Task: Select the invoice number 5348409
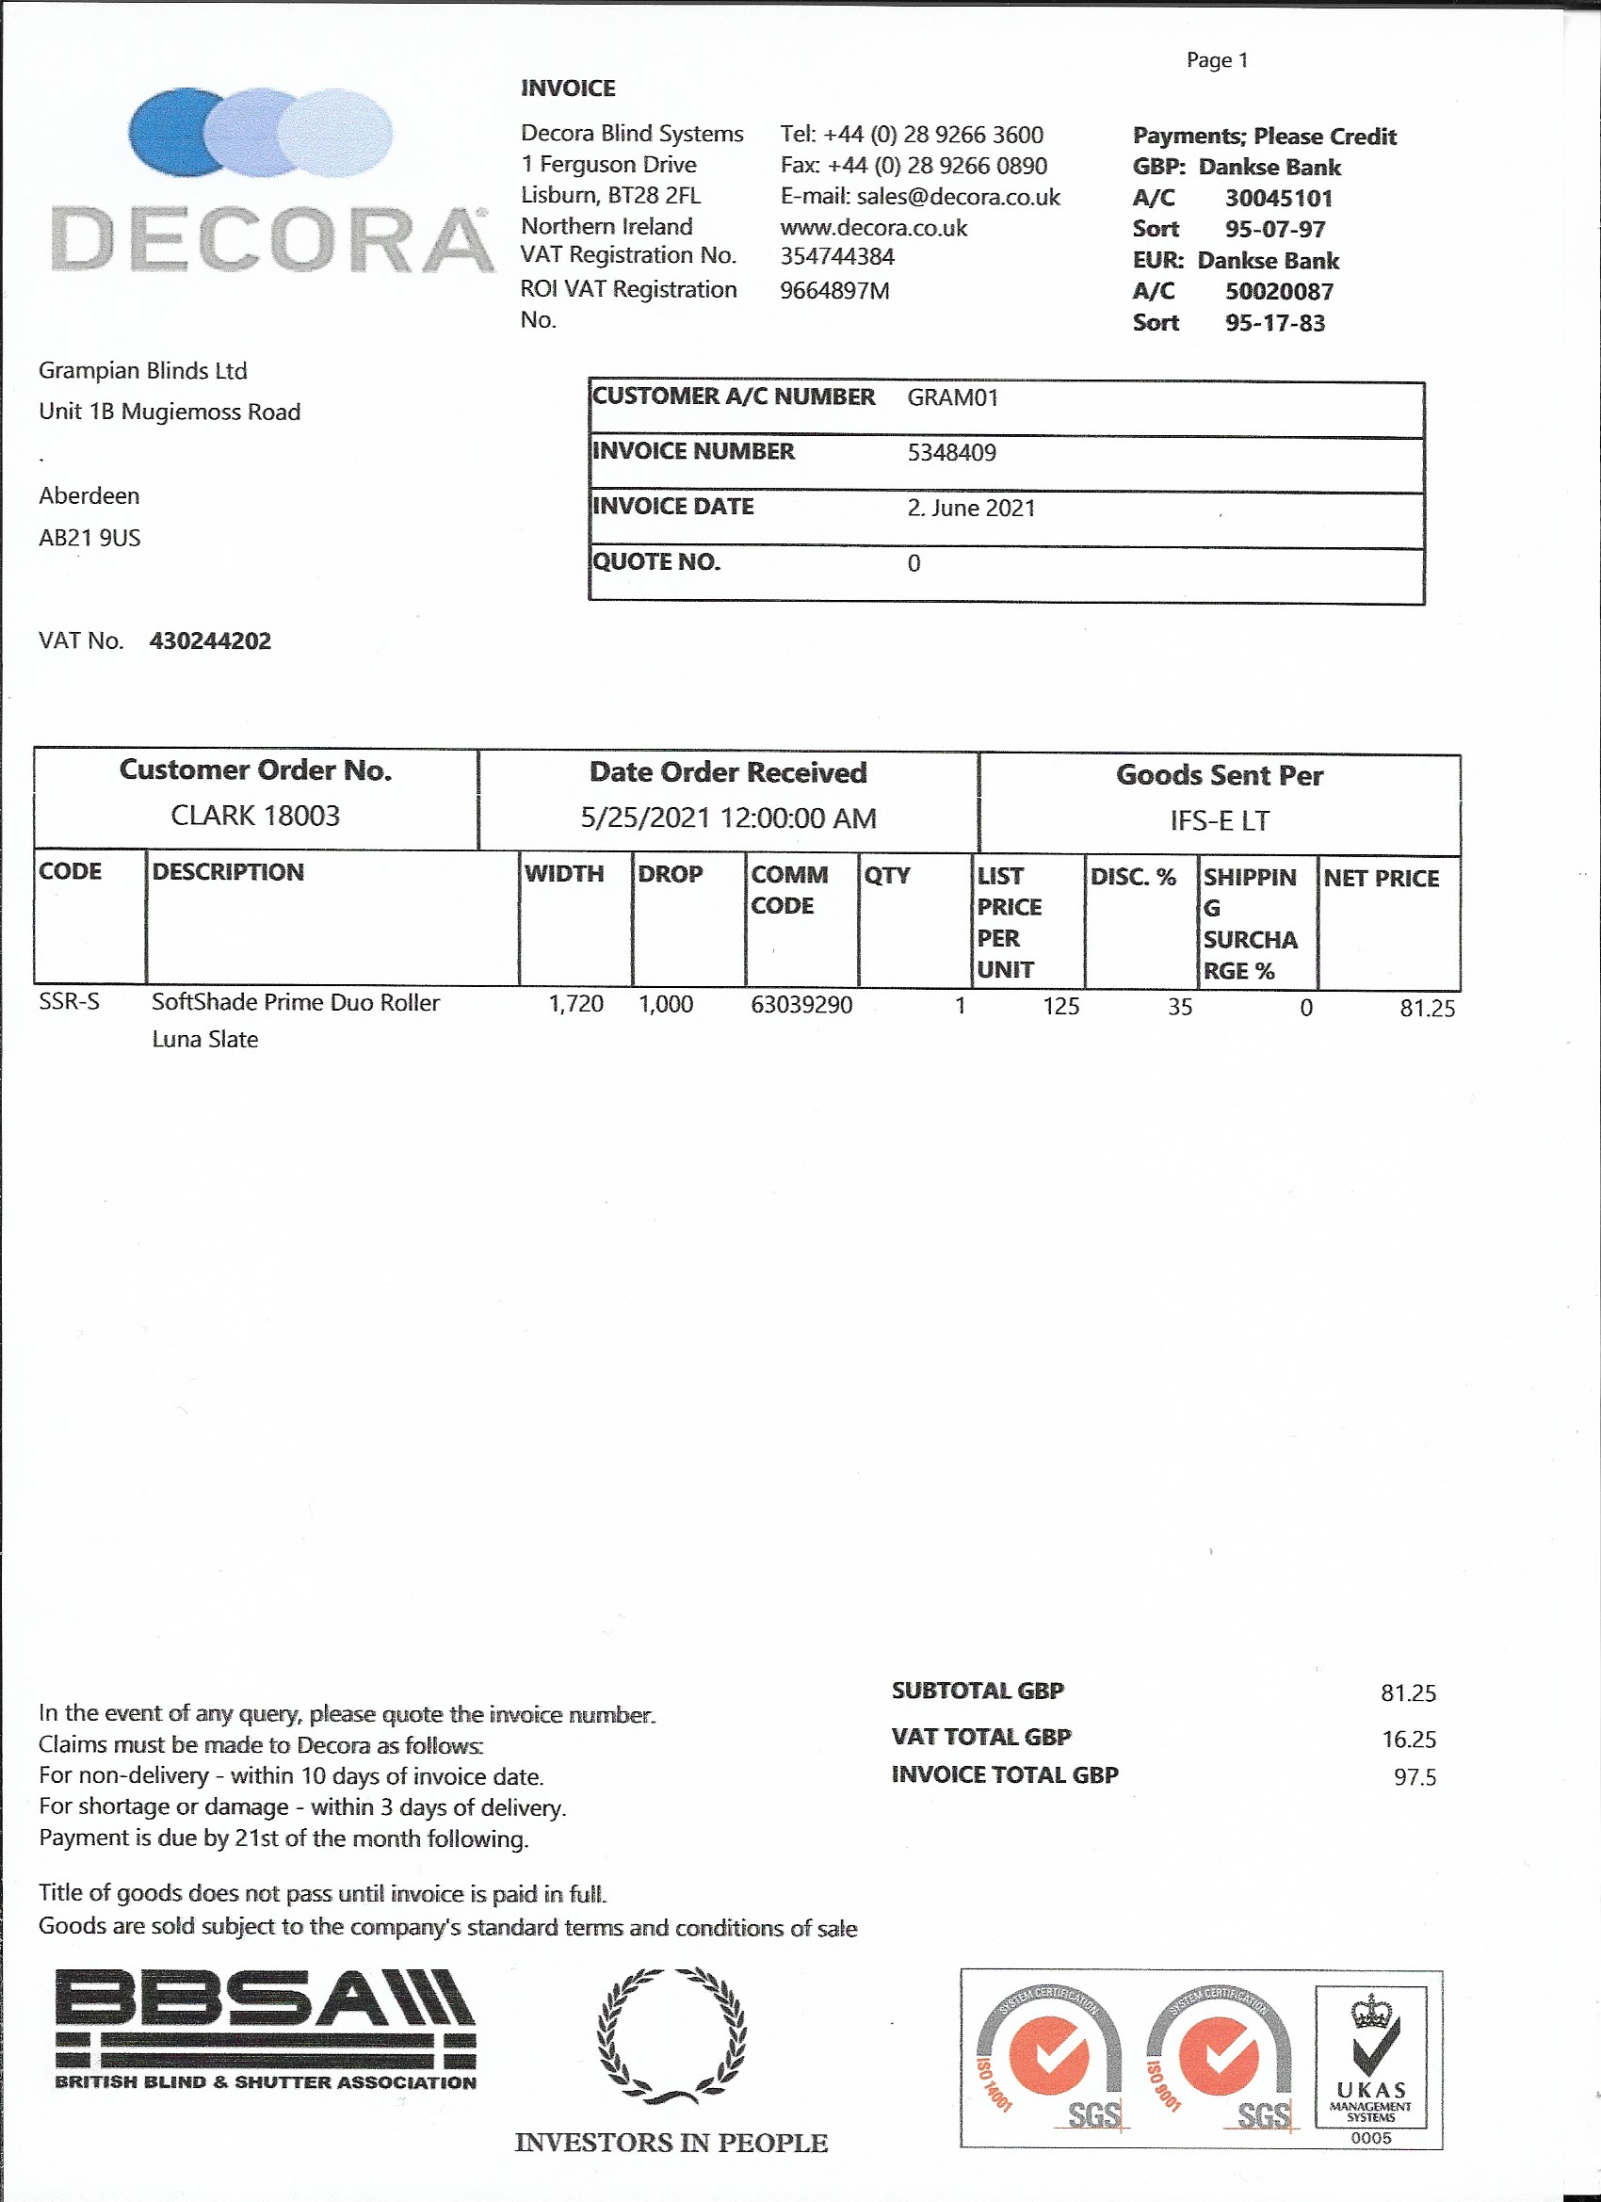tap(951, 452)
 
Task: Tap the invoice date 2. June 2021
tap(971, 508)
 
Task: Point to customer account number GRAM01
tap(952, 397)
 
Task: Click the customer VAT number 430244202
tap(210, 640)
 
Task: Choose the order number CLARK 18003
tap(255, 816)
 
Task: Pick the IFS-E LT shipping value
tap(1220, 821)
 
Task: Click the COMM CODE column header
tap(789, 889)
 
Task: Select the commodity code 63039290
tap(801, 1005)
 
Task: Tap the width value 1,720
tap(575, 1004)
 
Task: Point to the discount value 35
tap(1180, 1007)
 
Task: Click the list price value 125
tap(1061, 1006)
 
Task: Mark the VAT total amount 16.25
tap(1409, 1739)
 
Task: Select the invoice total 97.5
tap(1415, 1776)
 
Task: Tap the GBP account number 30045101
tap(1279, 198)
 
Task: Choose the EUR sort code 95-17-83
tap(1275, 323)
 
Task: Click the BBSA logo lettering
tap(264, 2009)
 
